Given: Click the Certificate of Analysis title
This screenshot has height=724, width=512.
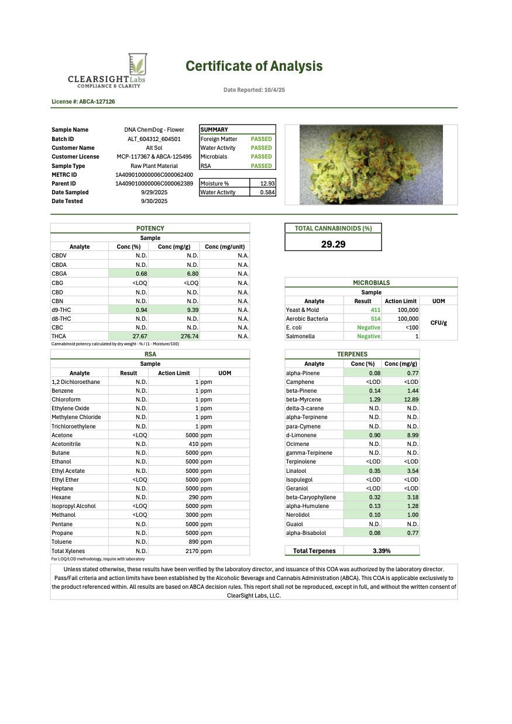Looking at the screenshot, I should [254, 66].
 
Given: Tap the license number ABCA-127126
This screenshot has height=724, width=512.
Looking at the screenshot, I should [83, 102].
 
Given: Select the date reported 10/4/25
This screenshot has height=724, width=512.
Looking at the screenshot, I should [254, 90].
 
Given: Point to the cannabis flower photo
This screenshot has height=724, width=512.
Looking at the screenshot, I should [371, 164].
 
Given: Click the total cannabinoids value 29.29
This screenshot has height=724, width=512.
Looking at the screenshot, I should [333, 245].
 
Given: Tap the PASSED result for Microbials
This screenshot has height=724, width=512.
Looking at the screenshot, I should [261, 157].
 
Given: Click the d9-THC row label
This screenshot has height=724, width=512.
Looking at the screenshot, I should [61, 310].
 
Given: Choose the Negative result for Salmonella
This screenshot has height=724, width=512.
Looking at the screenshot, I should [369, 337].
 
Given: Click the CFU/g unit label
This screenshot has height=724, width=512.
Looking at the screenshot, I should [438, 323].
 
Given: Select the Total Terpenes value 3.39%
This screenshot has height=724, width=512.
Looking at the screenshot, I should [382, 551].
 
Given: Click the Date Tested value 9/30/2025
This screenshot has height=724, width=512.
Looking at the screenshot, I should [154, 201].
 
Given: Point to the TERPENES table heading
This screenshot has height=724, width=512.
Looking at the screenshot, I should [352, 354].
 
